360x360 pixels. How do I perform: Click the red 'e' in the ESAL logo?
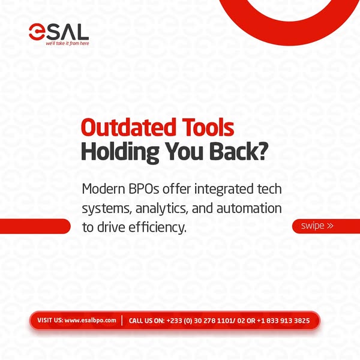pos(37,32)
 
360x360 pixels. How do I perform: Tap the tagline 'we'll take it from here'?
pos(67,43)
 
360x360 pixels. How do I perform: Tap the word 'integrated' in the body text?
pos(221,190)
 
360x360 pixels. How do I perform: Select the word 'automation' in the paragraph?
pos(249,208)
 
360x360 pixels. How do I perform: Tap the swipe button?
pos(326,226)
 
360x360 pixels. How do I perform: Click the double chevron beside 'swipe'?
pos(330,226)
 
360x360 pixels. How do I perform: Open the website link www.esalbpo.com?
pos(90,320)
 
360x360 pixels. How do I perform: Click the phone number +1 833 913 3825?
pos(283,320)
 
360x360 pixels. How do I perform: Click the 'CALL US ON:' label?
pos(147,320)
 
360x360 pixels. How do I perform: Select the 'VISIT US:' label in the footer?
pos(50,320)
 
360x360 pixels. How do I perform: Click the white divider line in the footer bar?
pos(122,320)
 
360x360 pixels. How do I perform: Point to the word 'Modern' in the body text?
pos(104,189)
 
